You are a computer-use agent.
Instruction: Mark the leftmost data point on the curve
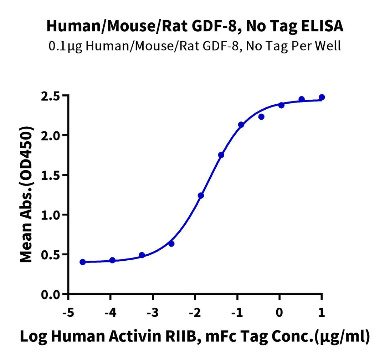tap(83, 262)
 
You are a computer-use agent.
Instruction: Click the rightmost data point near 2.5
tap(322, 97)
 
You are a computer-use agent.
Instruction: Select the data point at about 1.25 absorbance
tap(201, 195)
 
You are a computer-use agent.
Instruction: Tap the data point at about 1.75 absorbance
tap(221, 155)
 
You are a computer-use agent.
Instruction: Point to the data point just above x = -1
tap(241, 125)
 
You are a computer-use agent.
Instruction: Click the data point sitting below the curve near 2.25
tap(261, 117)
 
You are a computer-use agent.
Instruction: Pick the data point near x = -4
tap(112, 260)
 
